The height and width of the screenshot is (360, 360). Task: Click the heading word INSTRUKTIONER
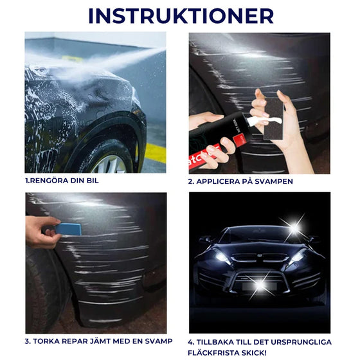[x=181, y=15]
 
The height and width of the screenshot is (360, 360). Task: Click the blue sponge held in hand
[x=68, y=228]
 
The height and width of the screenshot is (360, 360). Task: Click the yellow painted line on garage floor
[x=154, y=153]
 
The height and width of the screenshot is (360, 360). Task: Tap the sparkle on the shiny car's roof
[x=294, y=227]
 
